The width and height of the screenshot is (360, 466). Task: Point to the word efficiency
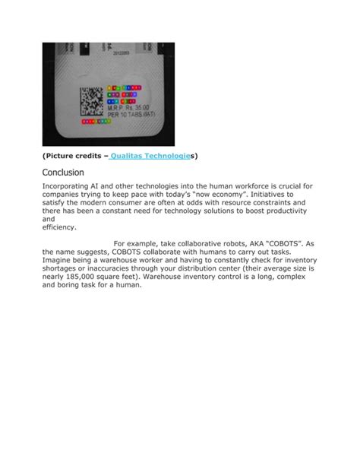[59, 227]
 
